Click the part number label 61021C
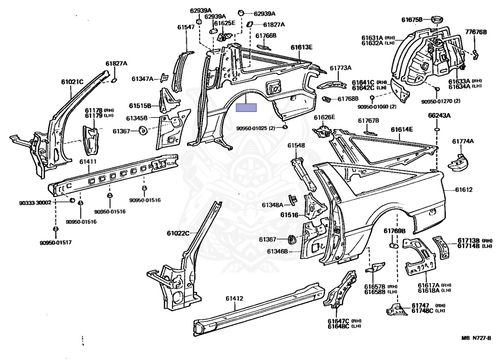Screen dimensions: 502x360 (72, 82)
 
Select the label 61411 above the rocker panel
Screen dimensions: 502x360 (88, 162)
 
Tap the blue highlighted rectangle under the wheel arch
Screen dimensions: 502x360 (246, 107)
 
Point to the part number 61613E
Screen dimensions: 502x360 (301, 48)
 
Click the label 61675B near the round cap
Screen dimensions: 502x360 (412, 20)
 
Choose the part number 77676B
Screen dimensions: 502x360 (476, 32)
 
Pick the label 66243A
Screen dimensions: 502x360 (439, 116)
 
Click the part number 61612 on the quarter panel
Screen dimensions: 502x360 (464, 190)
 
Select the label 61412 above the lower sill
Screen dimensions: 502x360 (234, 299)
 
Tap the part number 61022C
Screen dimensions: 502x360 (178, 233)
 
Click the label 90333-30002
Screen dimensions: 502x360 (35, 203)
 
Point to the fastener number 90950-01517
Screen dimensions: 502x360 (56, 242)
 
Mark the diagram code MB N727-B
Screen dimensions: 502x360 (476, 338)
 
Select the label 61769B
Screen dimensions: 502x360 (395, 231)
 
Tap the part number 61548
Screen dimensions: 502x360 (296, 145)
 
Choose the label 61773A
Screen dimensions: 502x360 (341, 68)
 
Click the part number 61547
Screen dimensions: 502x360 (186, 27)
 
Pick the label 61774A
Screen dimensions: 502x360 (463, 141)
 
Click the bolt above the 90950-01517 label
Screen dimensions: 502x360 (55, 230)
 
